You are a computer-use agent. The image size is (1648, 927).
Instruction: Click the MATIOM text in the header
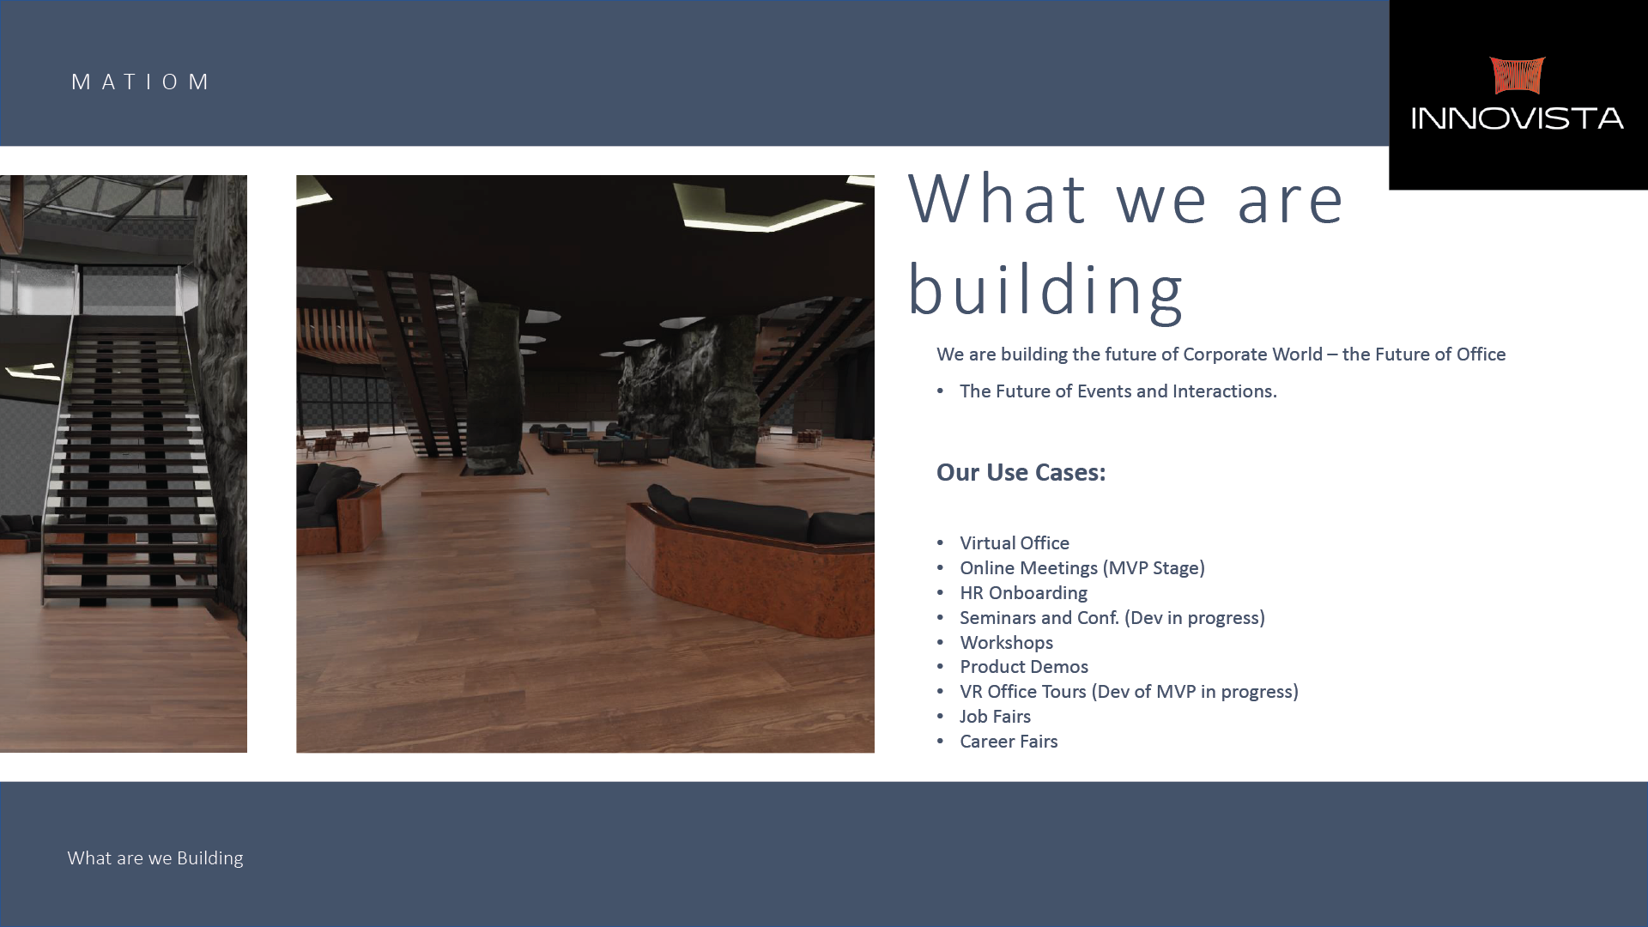click(140, 82)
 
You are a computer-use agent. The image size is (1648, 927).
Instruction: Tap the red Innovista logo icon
click(1517, 76)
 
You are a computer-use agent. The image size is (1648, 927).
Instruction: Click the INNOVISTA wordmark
click(1518, 118)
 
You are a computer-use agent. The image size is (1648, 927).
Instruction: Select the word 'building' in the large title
click(1045, 290)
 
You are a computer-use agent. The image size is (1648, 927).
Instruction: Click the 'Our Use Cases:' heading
click(1021, 472)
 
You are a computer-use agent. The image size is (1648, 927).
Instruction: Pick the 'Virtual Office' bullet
click(1014, 543)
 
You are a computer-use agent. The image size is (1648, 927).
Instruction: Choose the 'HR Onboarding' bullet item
click(1023, 593)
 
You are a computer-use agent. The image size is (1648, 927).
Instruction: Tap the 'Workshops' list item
click(1006, 643)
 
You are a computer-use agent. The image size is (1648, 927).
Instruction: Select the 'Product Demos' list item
click(1023, 667)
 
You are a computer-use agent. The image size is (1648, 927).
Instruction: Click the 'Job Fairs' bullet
click(995, 717)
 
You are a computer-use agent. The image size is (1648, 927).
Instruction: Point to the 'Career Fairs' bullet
click(1009, 742)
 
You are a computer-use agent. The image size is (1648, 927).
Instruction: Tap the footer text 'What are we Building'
click(155, 858)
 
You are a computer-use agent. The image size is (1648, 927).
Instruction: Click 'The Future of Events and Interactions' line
click(1118, 391)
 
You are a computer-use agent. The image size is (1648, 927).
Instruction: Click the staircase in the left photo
click(129, 455)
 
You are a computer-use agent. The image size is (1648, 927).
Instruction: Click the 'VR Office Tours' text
click(1022, 692)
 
